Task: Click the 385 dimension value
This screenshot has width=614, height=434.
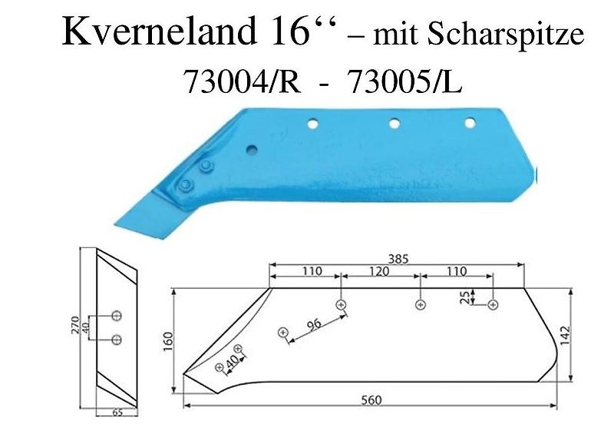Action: click(398, 260)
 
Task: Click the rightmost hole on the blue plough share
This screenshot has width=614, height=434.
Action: click(469, 123)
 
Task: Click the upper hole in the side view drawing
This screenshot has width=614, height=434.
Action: click(116, 316)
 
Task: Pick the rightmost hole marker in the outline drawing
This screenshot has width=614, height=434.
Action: click(492, 305)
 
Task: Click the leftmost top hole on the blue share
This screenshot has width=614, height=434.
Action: click(312, 123)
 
